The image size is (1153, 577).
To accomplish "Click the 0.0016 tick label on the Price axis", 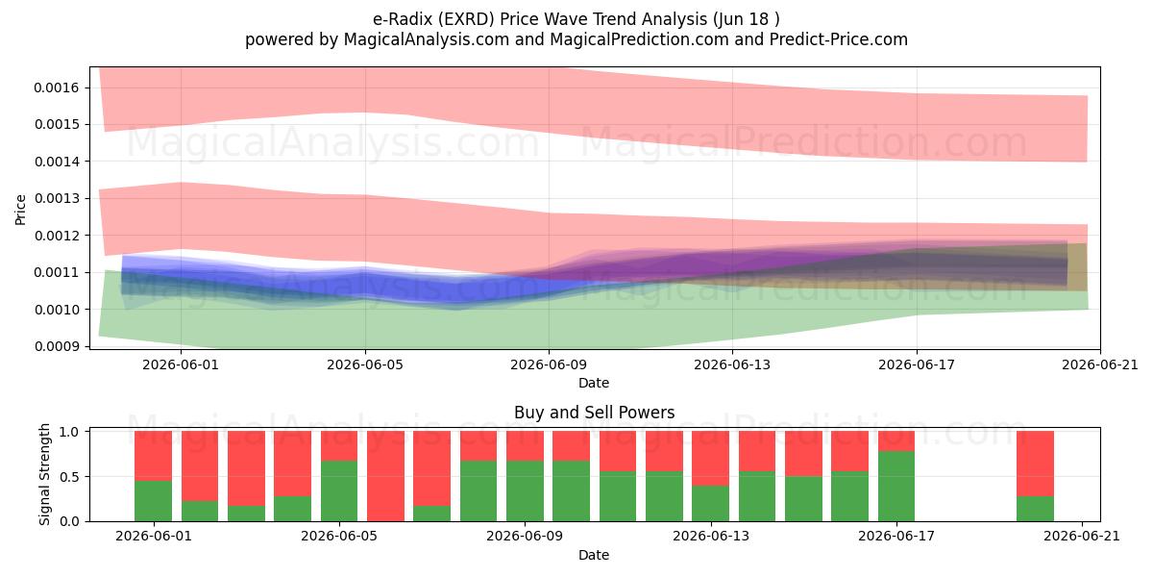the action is point(57,88).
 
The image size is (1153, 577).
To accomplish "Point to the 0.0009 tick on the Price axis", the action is point(57,346).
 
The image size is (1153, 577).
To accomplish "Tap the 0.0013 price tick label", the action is point(57,198).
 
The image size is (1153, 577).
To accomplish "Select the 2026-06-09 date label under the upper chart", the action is point(549,364).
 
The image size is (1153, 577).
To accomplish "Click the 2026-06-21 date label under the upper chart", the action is point(1100,364).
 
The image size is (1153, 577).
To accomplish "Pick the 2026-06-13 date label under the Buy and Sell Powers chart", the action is point(711,536).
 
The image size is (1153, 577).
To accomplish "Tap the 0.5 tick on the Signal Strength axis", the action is point(69,477).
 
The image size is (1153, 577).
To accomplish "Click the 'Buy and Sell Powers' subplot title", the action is point(594,413).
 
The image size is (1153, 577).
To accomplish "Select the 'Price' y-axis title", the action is point(20,210).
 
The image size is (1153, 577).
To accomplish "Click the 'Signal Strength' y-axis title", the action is point(45,474).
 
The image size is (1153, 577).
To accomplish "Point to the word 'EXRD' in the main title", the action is point(469,19).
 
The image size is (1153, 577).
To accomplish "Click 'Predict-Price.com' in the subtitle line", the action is point(839,39).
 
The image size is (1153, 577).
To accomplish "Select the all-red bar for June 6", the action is point(385,476).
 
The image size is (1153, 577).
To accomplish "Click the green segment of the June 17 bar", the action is point(896,487).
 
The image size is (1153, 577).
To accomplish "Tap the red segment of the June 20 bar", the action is point(1035,464).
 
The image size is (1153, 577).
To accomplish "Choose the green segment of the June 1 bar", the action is point(153,501).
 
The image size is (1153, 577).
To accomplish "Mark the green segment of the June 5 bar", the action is point(338,491).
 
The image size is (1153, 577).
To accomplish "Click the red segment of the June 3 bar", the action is point(246,468).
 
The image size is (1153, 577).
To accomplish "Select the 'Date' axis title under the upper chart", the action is point(594,383).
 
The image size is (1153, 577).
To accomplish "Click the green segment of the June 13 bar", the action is point(710,503).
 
